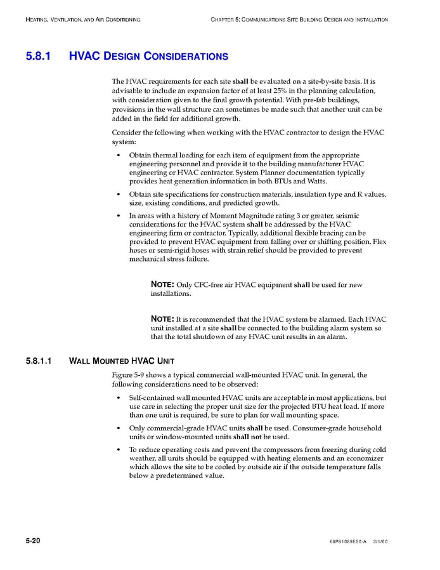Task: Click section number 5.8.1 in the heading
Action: (x=39, y=56)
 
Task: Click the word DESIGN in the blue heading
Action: (x=123, y=56)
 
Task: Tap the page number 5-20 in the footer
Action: (x=33, y=540)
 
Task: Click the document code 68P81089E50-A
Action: (x=348, y=541)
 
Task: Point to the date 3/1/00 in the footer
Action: (x=380, y=541)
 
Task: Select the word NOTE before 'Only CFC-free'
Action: (x=162, y=284)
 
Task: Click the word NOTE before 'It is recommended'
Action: (x=162, y=318)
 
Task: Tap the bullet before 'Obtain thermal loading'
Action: (x=119, y=156)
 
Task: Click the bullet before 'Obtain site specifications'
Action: (x=119, y=194)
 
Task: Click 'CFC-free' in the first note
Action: (x=210, y=285)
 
